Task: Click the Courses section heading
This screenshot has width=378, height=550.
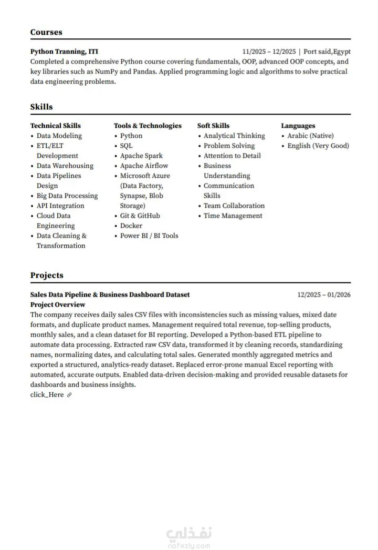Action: (46, 32)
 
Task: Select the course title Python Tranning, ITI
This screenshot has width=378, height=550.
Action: (64, 52)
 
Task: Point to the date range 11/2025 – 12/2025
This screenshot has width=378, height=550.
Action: (268, 52)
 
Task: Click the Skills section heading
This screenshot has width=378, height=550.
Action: (41, 107)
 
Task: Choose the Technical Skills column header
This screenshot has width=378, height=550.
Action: (56, 126)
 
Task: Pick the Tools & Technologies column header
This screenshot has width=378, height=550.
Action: (148, 126)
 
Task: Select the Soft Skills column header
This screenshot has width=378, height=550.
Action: (213, 126)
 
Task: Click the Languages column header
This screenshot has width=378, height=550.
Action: (298, 126)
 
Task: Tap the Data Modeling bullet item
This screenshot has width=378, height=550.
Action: (59, 136)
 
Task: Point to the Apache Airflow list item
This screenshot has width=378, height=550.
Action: (144, 166)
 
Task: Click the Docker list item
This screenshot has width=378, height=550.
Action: (131, 226)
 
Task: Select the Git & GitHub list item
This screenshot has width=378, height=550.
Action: (140, 216)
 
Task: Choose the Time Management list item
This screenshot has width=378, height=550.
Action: (233, 216)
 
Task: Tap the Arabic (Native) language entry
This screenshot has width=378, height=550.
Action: (310, 136)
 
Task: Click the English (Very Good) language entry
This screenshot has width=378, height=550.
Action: (318, 146)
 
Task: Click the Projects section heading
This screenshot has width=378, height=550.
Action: (47, 275)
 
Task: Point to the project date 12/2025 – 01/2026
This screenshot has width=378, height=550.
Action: (324, 295)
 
